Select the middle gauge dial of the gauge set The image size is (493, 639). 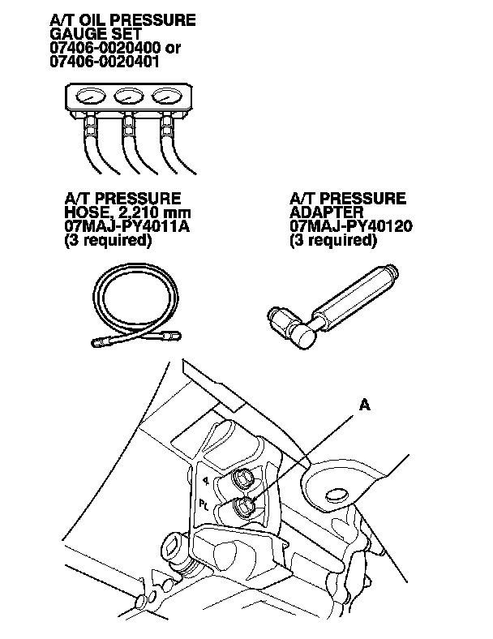pos(128,97)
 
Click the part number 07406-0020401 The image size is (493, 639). pos(104,61)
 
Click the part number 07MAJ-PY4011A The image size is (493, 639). pos(126,226)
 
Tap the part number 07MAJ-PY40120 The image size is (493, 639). pos(351,226)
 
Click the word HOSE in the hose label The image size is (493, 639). pos(85,212)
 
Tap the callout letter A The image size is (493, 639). pos(365,406)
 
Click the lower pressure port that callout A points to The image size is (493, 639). pos(242,508)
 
